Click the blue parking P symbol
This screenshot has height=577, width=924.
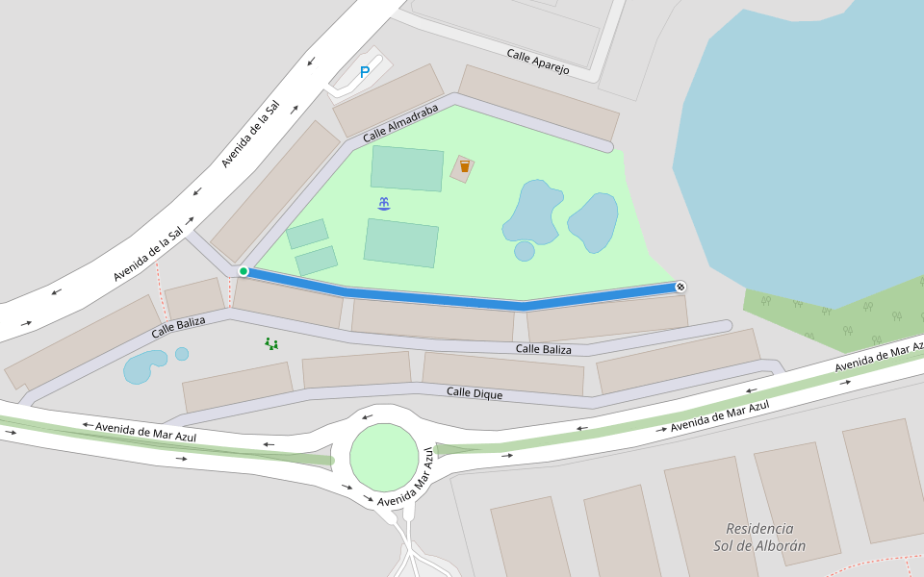[365, 72]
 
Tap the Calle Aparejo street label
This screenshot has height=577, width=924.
[538, 62]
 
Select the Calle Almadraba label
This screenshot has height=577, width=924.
[400, 125]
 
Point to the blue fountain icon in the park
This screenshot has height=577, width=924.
[384, 203]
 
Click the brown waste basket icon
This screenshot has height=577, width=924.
[464, 167]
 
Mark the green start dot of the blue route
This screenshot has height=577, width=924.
[244, 271]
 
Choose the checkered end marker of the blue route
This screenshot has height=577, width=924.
[680, 287]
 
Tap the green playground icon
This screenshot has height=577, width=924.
[271, 343]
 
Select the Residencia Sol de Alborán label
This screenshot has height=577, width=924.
[759, 538]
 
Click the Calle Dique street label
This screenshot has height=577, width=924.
[475, 393]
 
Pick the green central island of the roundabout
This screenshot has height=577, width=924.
[384, 457]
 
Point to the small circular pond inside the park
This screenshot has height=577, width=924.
[525, 251]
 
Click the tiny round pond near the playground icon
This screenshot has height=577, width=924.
[182, 354]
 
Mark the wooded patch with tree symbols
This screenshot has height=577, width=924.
[837, 308]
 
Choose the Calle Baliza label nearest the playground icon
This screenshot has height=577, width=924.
[178, 327]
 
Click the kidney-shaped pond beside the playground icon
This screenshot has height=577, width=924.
[144, 366]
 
